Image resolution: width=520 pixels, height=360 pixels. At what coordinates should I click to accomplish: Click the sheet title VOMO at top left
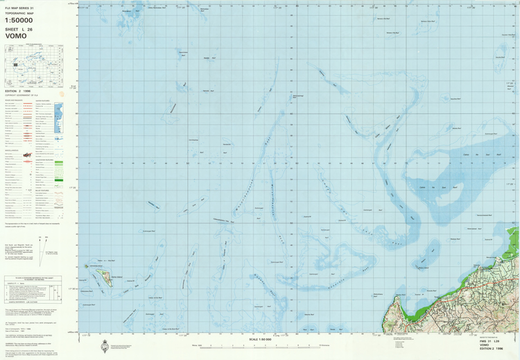pyautogui.click(x=19, y=37)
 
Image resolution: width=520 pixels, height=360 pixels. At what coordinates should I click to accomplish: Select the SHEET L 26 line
pyautogui.click(x=19, y=29)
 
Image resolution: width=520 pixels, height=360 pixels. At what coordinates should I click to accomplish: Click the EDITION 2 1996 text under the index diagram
pyautogui.click(x=18, y=91)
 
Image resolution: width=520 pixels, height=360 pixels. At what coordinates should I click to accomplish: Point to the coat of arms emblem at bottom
pyautogui.click(x=105, y=346)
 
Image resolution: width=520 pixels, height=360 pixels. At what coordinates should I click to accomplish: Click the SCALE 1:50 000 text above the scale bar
pyautogui.click(x=260, y=339)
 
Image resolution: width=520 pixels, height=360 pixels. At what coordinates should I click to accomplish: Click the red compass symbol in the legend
pyautogui.click(x=27, y=155)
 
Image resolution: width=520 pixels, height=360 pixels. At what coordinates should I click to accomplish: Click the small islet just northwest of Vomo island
pyautogui.click(x=88, y=265)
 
